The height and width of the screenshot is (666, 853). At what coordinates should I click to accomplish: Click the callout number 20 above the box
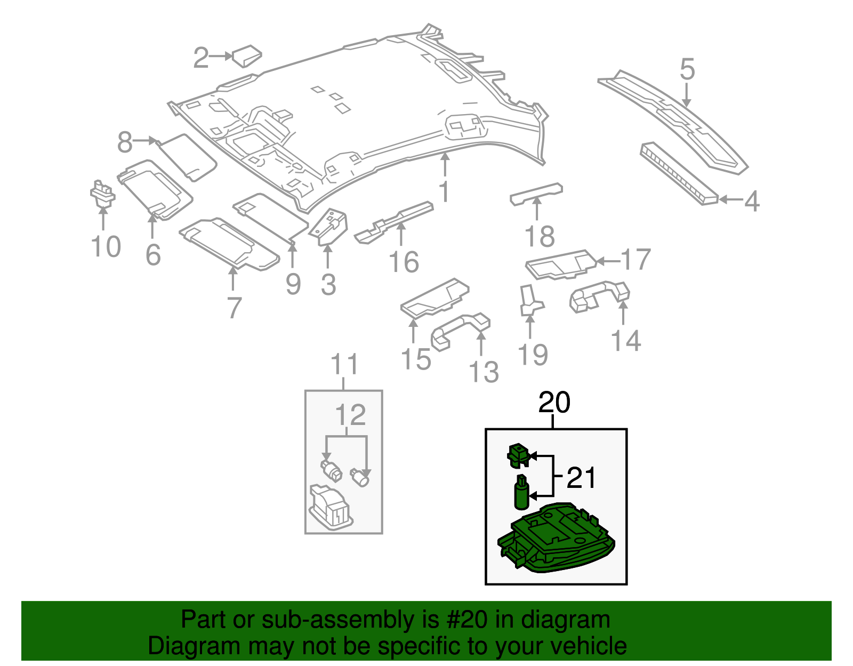click(554, 403)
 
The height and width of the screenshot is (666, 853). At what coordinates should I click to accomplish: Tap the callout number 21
click(581, 478)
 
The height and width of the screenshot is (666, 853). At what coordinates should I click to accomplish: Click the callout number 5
click(687, 70)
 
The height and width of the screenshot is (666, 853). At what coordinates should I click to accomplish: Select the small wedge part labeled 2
click(246, 55)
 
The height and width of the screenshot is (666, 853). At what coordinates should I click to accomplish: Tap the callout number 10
click(106, 247)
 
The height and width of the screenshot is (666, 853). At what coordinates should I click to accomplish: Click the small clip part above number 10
click(102, 194)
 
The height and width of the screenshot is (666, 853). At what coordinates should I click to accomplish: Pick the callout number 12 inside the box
click(351, 415)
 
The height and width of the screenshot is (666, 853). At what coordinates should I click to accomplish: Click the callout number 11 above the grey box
click(344, 365)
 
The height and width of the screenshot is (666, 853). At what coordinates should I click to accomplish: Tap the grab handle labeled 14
click(600, 295)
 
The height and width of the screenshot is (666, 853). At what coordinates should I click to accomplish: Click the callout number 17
click(636, 260)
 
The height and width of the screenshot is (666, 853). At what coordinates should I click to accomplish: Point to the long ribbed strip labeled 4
click(679, 173)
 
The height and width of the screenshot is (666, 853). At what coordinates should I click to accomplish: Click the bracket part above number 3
click(331, 226)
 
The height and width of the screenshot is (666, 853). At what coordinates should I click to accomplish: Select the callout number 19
click(533, 355)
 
